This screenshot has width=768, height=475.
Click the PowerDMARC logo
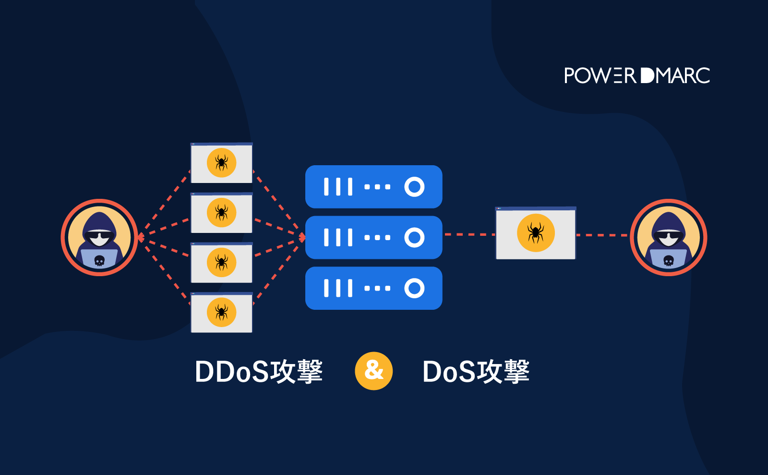[636, 76]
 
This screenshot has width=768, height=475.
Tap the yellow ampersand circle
[373, 371]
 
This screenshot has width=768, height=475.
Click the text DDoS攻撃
[259, 372]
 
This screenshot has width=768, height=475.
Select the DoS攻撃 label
[476, 372]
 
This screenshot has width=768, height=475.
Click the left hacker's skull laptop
[99, 260]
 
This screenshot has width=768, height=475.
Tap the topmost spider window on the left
[221, 163]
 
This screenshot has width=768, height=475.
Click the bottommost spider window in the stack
[221, 313]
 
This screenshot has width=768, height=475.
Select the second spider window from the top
[221, 213]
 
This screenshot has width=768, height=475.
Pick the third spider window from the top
[221, 263]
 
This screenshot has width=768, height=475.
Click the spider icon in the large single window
[536, 233]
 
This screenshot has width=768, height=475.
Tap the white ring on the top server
[414, 187]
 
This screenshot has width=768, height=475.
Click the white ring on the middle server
[414, 237]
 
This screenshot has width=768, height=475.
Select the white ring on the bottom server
[414, 288]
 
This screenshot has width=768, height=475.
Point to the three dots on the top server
[377, 187]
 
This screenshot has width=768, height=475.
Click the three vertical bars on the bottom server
[338, 288]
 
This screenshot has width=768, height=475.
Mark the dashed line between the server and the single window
[468, 234]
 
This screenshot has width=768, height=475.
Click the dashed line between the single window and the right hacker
[602, 235]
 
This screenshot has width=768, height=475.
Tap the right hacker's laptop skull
[669, 261]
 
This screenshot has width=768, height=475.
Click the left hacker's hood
[99, 221]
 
